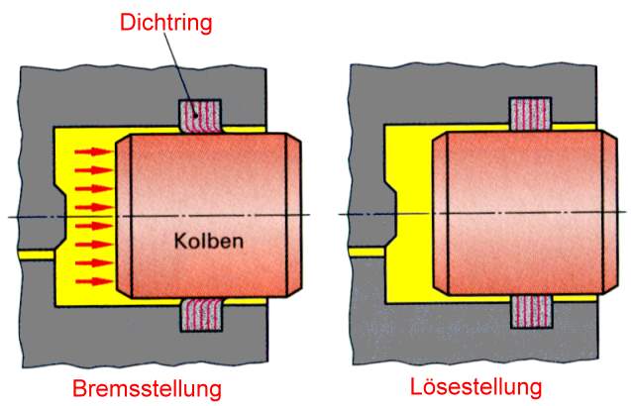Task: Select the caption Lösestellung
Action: coord(475,384)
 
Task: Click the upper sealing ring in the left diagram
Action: coord(202,117)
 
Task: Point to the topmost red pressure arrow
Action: coord(95,152)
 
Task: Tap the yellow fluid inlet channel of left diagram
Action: coord(35,254)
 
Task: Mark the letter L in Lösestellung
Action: coord(416,384)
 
